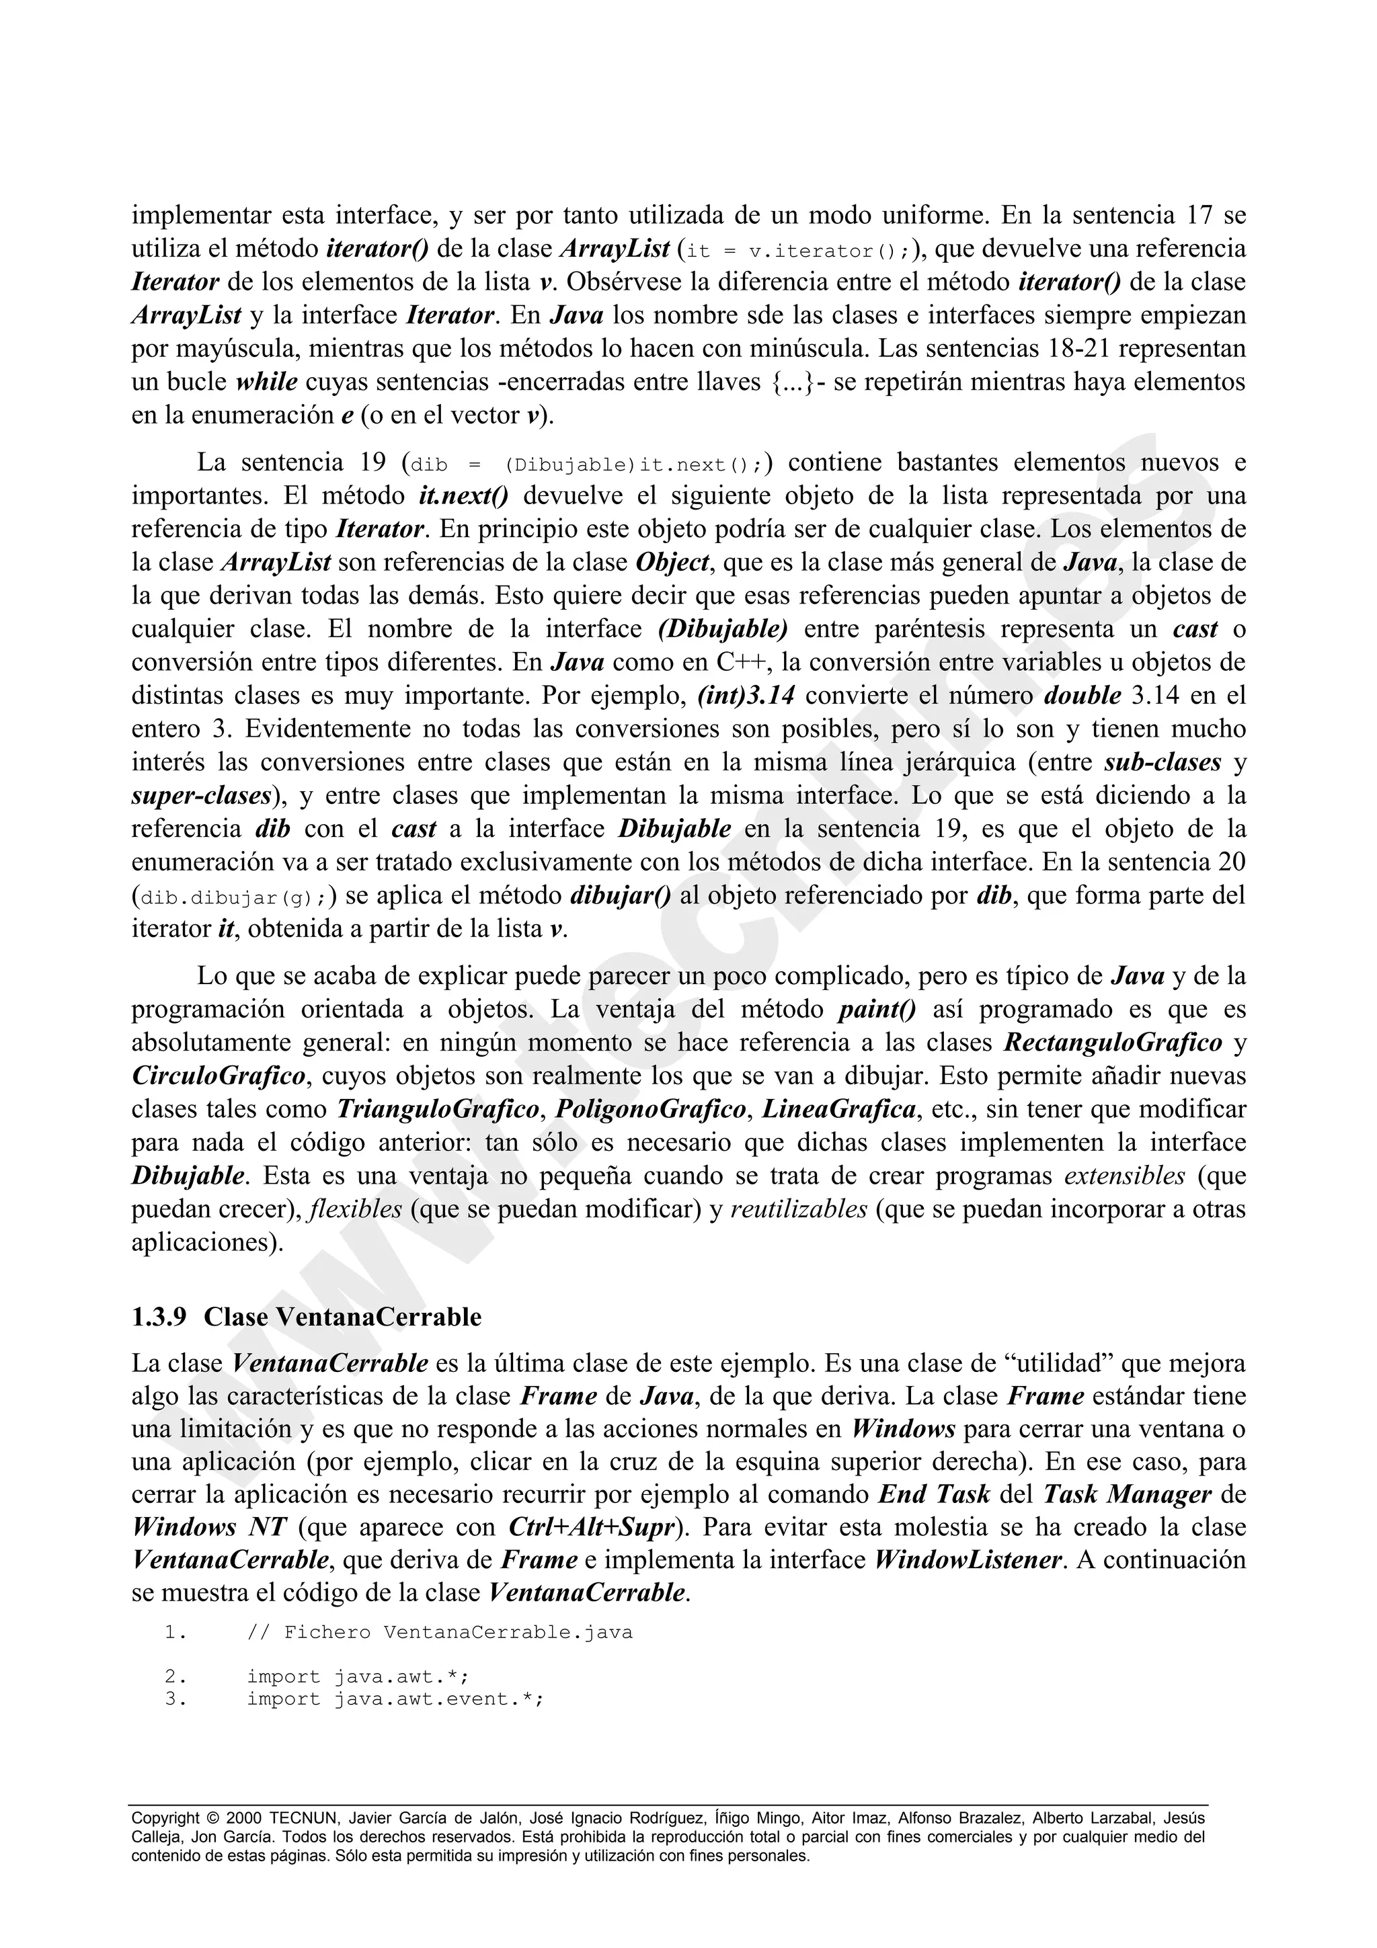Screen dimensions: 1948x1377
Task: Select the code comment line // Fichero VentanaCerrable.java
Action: (440, 1632)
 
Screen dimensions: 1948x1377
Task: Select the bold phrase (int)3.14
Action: (746, 696)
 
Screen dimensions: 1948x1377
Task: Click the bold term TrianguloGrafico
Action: (438, 1109)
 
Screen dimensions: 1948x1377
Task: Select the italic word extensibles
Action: (1124, 1176)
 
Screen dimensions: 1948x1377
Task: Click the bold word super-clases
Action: (201, 796)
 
